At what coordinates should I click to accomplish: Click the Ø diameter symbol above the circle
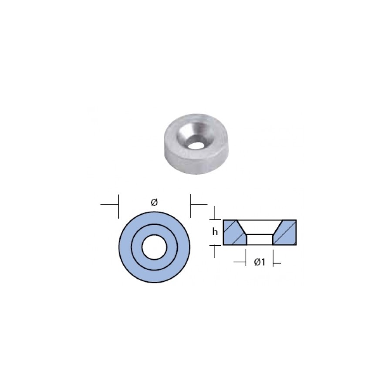coord(154,202)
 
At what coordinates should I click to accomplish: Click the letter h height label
coord(215,232)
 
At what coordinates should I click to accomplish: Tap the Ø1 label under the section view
coord(260,262)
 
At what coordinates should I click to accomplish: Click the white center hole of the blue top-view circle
coord(154,247)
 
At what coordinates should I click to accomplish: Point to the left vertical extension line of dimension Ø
coord(118,206)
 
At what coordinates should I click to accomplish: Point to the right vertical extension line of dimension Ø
coord(191,206)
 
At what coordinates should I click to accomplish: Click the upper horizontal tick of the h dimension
coord(215,219)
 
